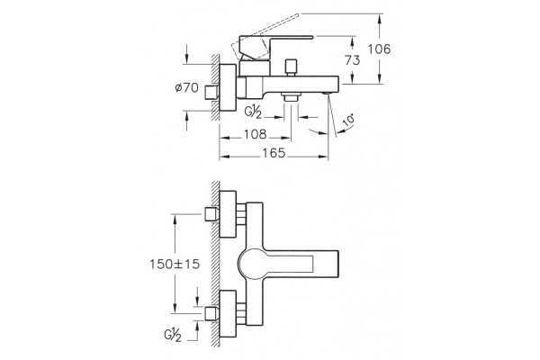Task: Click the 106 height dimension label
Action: [379, 49]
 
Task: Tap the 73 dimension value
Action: [352, 60]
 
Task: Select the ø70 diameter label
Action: [187, 87]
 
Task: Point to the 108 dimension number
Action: [256, 134]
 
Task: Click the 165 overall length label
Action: [274, 153]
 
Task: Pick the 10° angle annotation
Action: [349, 121]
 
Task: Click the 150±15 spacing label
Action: [175, 265]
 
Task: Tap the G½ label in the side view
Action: [253, 112]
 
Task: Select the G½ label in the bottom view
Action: [173, 336]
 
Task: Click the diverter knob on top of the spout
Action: [292, 67]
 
